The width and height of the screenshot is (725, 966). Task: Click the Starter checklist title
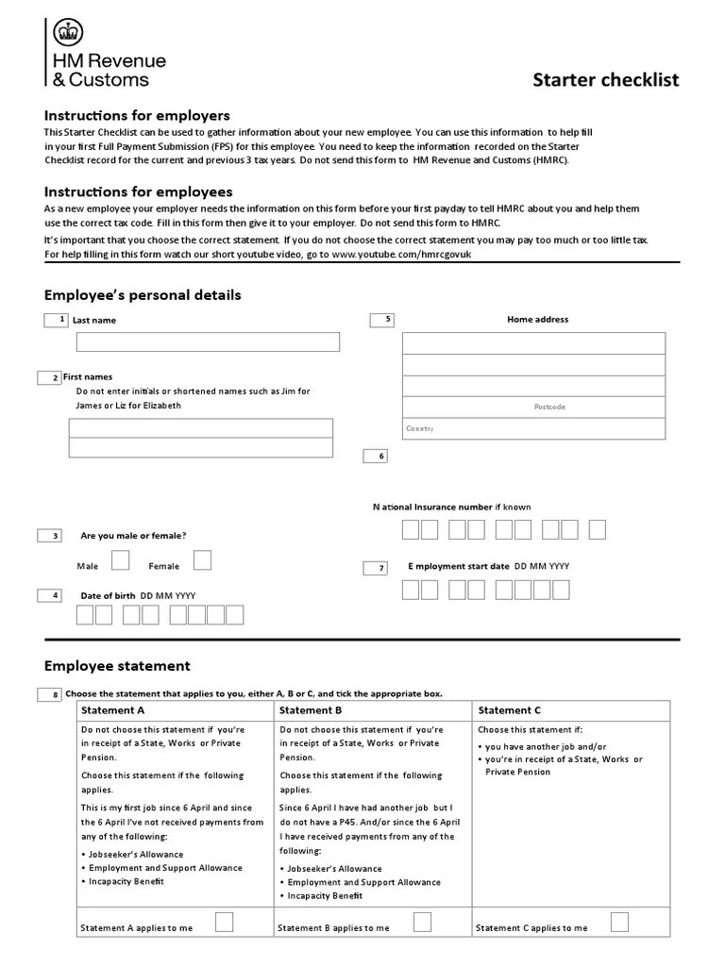(606, 79)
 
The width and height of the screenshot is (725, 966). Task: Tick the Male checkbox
(121, 560)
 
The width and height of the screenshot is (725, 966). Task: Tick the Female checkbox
(202, 560)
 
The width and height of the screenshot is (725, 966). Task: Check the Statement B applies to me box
(423, 921)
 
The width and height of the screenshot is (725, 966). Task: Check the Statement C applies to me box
(620, 921)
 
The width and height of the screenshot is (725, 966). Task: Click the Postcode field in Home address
(533, 407)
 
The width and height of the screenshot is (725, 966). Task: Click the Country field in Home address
(533, 428)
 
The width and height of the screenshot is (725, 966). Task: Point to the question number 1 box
(56, 320)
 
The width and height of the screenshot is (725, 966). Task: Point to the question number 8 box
(49, 695)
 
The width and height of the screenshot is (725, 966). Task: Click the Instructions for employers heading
(137, 115)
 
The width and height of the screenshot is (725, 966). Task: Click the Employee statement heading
(117, 665)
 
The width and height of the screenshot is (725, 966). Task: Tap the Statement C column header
(510, 710)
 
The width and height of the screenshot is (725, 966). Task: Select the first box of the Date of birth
(85, 615)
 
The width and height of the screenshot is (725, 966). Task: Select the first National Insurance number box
(411, 529)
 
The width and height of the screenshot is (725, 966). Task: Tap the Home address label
(537, 320)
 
